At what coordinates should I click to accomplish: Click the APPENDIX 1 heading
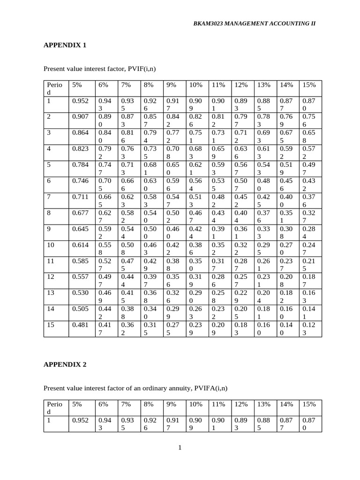tap(65, 45)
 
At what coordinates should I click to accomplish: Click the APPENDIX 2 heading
tap(65, 364)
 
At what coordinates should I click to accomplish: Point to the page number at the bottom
tap(180, 447)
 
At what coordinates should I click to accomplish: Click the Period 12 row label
tap(50, 277)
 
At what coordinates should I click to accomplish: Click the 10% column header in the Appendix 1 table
tap(195, 85)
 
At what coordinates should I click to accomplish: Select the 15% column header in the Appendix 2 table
tap(309, 404)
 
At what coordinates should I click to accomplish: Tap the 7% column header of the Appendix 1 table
tap(126, 85)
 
